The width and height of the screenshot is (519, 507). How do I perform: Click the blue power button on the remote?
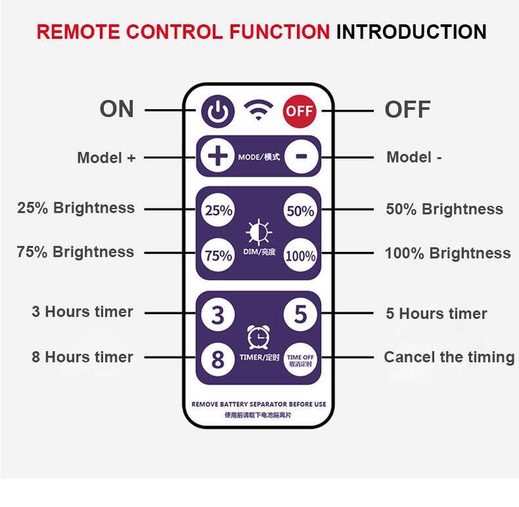click(x=218, y=111)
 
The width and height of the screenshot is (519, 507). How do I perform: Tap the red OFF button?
click(x=300, y=111)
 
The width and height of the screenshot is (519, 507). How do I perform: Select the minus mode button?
click(x=301, y=157)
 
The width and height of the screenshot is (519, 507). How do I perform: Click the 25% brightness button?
click(x=218, y=210)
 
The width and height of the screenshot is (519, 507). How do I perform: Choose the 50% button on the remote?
click(x=300, y=210)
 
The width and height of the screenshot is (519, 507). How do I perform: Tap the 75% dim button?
click(x=218, y=255)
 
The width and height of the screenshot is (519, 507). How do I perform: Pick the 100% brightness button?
click(x=300, y=255)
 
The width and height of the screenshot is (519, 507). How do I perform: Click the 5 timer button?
click(x=300, y=314)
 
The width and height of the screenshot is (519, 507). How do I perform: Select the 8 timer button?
click(x=218, y=359)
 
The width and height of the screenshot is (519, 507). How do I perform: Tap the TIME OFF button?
click(x=300, y=360)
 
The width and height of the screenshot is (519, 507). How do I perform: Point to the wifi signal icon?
click(x=258, y=110)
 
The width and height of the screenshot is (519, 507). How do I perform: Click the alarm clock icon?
click(x=258, y=337)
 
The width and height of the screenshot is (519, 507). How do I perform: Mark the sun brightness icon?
click(x=259, y=232)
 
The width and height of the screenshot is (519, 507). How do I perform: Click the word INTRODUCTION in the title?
click(x=411, y=32)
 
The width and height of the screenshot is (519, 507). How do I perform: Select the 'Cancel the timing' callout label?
click(x=449, y=357)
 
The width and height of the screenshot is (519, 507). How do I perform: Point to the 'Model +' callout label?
click(x=106, y=157)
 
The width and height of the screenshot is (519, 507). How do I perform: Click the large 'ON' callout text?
click(x=117, y=109)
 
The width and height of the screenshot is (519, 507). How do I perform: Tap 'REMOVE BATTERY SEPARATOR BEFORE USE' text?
click(x=259, y=404)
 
